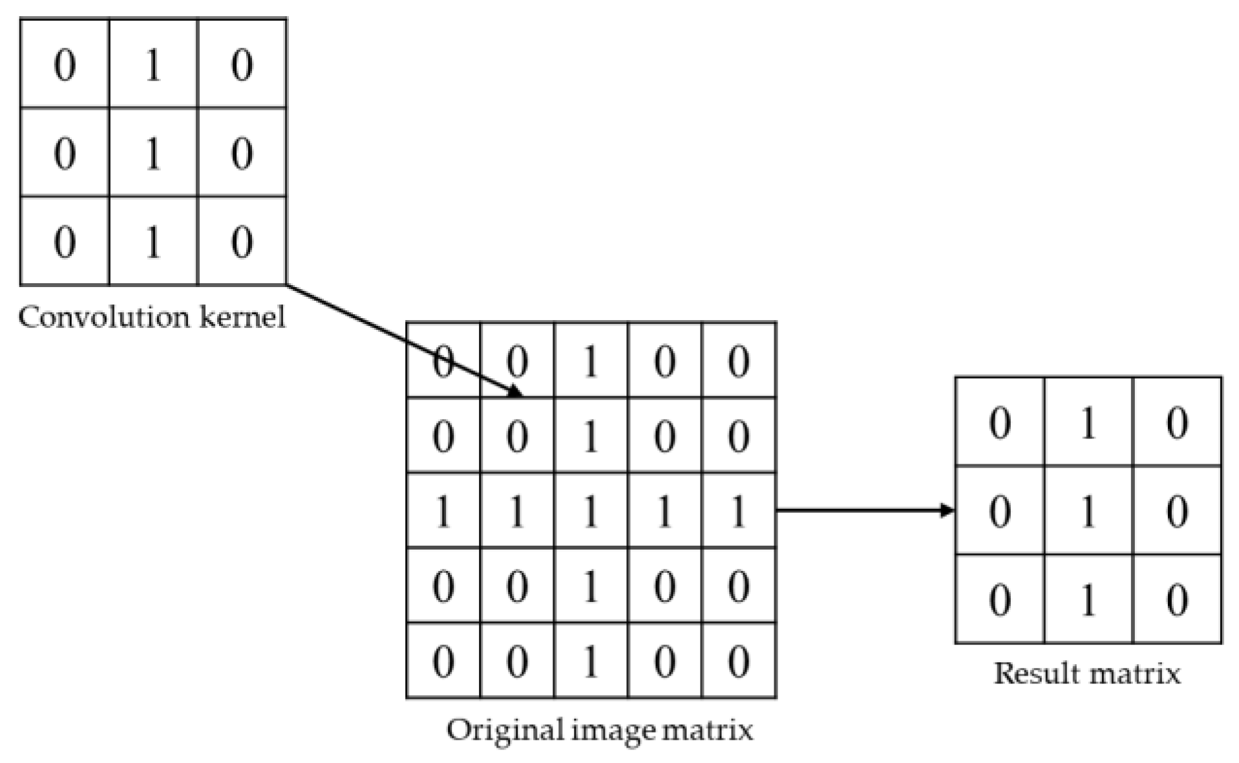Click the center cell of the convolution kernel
[x=153, y=153]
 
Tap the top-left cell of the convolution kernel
[x=65, y=64]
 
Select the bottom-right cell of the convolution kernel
[x=242, y=241]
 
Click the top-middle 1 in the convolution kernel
[x=153, y=64]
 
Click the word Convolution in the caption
[x=104, y=317]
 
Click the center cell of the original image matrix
[x=591, y=511]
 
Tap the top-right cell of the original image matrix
[x=739, y=360]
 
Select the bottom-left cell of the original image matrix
[x=443, y=661]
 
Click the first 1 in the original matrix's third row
[x=443, y=511]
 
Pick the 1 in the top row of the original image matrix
[x=591, y=360]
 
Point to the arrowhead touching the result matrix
[x=948, y=511]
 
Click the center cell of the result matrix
[x=1088, y=511]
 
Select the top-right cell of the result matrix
[x=1177, y=422]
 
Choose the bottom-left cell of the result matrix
[x=1000, y=599]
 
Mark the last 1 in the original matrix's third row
[x=739, y=511]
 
